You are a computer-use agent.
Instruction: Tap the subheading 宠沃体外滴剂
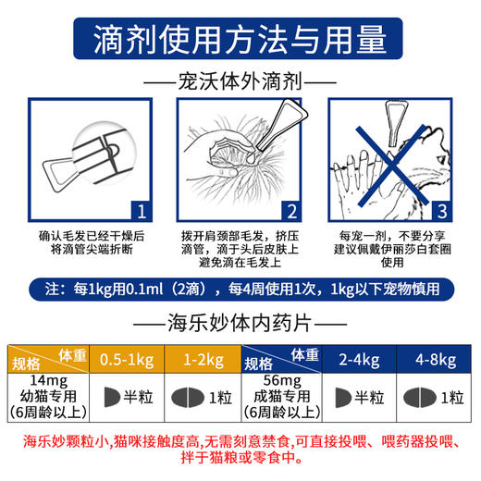click(x=240, y=80)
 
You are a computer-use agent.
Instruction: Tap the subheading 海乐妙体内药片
click(x=240, y=325)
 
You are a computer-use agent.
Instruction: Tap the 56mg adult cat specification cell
click(x=281, y=397)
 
